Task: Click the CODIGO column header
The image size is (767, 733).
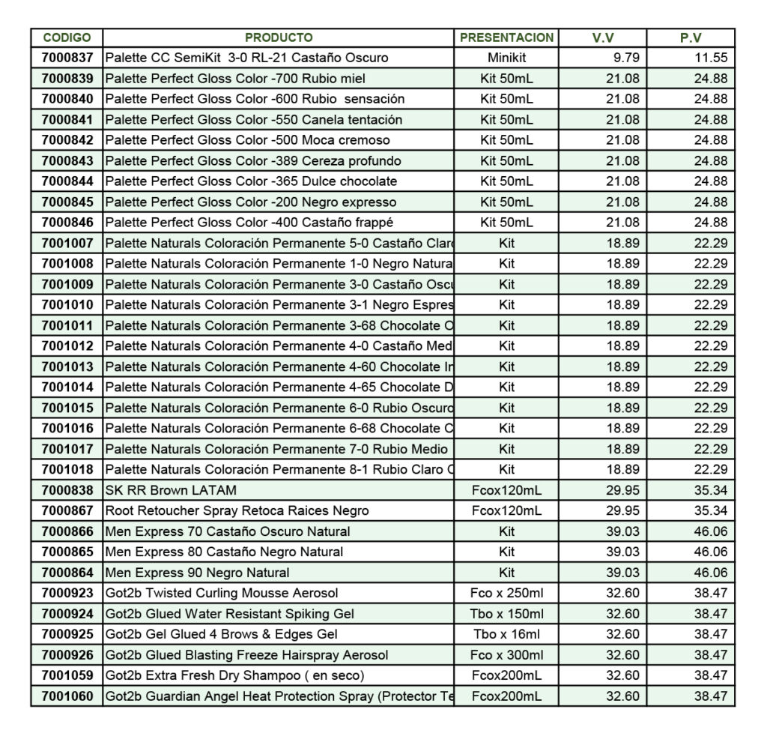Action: (67, 37)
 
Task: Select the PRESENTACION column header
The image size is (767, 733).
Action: (506, 37)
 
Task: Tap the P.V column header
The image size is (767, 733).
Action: (690, 37)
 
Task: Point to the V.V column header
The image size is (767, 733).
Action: (602, 37)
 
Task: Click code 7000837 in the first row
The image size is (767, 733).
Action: (67, 58)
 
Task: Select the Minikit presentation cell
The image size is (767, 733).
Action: (506, 58)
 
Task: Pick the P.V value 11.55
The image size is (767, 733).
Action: (711, 58)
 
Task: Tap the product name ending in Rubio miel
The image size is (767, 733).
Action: (236, 78)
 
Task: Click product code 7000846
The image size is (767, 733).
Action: (67, 223)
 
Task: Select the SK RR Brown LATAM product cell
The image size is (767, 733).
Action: (171, 490)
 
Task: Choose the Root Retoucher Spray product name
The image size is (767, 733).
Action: (237, 511)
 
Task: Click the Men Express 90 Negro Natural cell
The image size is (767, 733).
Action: (197, 573)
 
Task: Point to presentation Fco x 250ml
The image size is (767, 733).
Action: (506, 594)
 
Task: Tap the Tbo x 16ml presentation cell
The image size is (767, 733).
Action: (506, 635)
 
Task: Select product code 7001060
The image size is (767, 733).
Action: (67, 696)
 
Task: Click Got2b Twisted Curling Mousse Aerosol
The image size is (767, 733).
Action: (222, 594)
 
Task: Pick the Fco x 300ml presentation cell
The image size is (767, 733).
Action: (506, 655)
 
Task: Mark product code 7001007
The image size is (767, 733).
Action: (67, 243)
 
